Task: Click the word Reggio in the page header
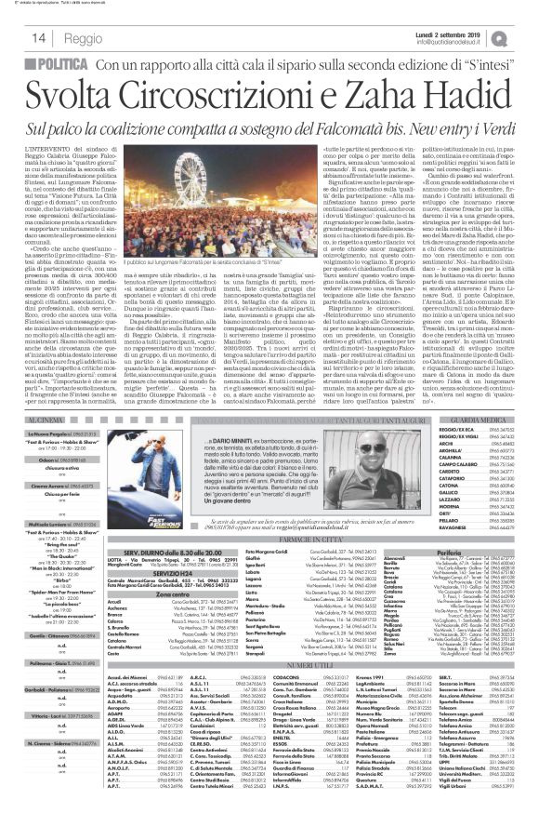click(83, 37)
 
